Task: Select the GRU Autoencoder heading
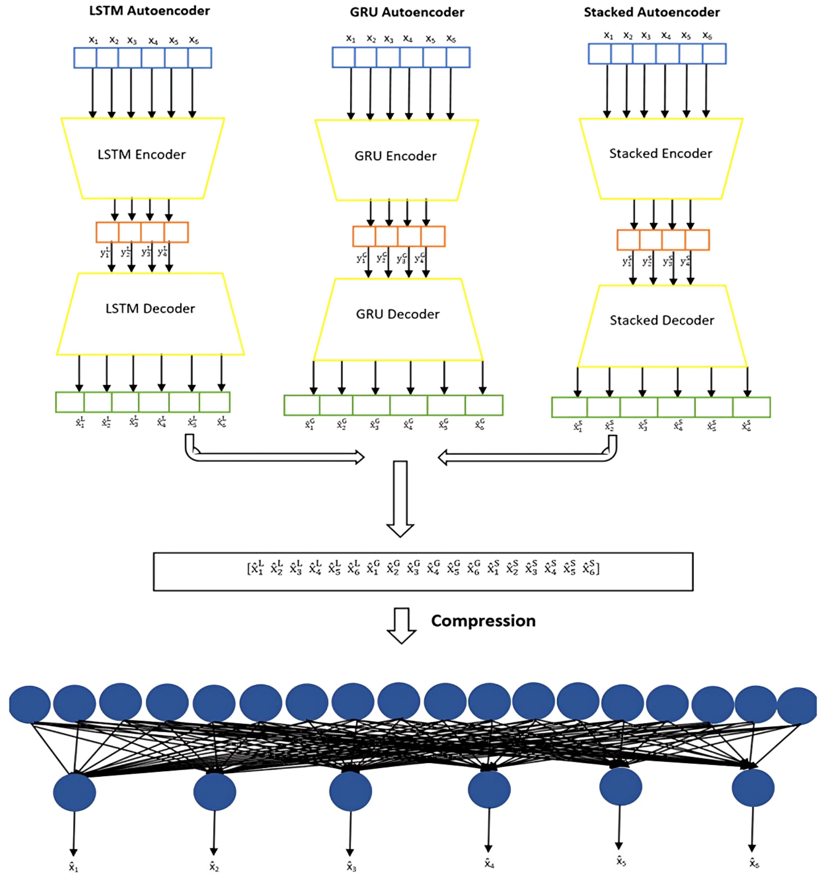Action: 407,12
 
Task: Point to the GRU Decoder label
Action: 397,314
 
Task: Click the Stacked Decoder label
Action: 661,320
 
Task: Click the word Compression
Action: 483,621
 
